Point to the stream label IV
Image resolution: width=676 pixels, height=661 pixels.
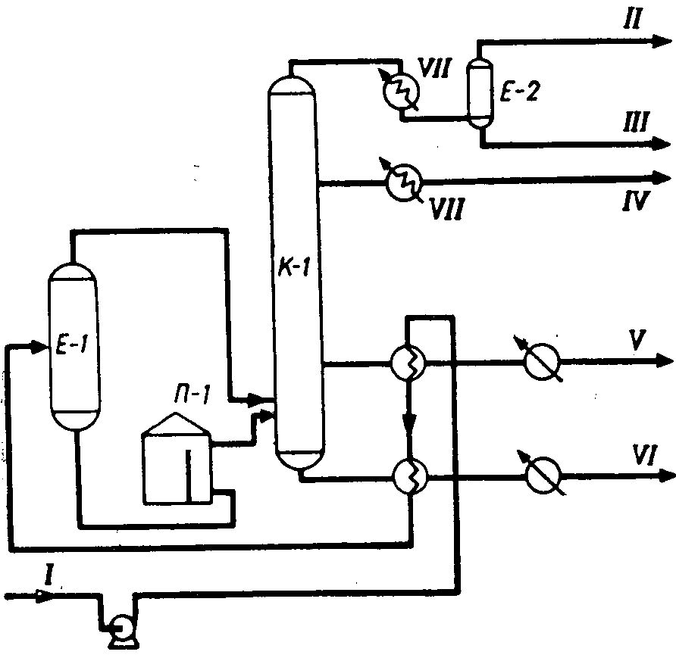(x=633, y=203)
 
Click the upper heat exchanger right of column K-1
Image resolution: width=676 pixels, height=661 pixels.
(x=409, y=363)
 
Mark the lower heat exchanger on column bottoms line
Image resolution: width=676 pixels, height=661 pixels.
(x=409, y=475)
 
